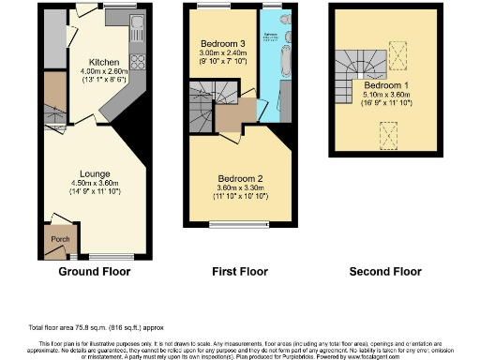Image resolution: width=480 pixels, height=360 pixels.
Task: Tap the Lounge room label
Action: pos(95,173)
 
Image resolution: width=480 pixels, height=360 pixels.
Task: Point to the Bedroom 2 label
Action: pos(239,178)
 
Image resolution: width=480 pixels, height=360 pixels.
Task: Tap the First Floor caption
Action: pos(237,273)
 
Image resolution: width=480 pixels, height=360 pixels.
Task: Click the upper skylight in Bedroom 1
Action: pos(397,58)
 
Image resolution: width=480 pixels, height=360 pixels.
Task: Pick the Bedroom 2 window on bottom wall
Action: pos(238,224)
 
